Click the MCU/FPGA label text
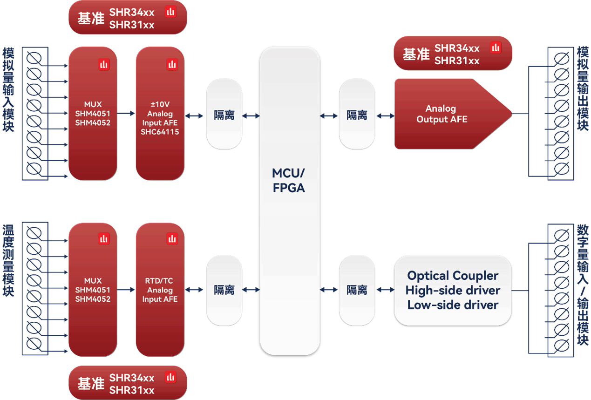point(289,181)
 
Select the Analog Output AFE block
point(453,114)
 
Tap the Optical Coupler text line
point(453,276)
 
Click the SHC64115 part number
point(160,132)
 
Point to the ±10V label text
point(160,104)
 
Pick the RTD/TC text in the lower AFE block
point(159,281)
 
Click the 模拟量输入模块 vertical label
point(8,90)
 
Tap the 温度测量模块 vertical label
point(8,260)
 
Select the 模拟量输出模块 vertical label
point(583,88)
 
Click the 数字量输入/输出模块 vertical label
point(583,285)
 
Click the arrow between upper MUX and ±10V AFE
point(126,114)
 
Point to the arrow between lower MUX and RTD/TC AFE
point(126,290)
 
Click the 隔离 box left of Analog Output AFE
point(357,114)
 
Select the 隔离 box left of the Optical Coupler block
point(357,290)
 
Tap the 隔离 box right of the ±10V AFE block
point(224,114)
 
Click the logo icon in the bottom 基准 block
point(170,377)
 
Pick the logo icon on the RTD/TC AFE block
point(172,239)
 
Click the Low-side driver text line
point(453,305)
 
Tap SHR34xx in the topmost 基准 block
point(132,12)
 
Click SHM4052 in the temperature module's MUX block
point(93,299)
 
